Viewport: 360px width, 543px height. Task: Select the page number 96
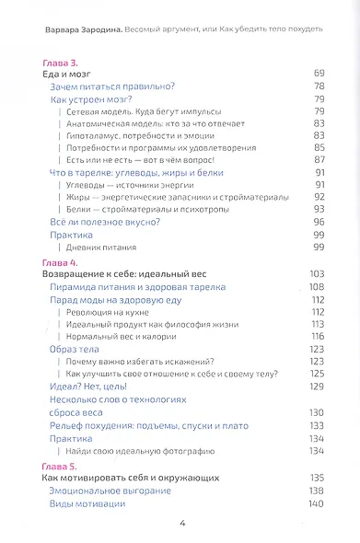pos(319,222)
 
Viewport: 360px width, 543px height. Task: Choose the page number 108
pos(318,287)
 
